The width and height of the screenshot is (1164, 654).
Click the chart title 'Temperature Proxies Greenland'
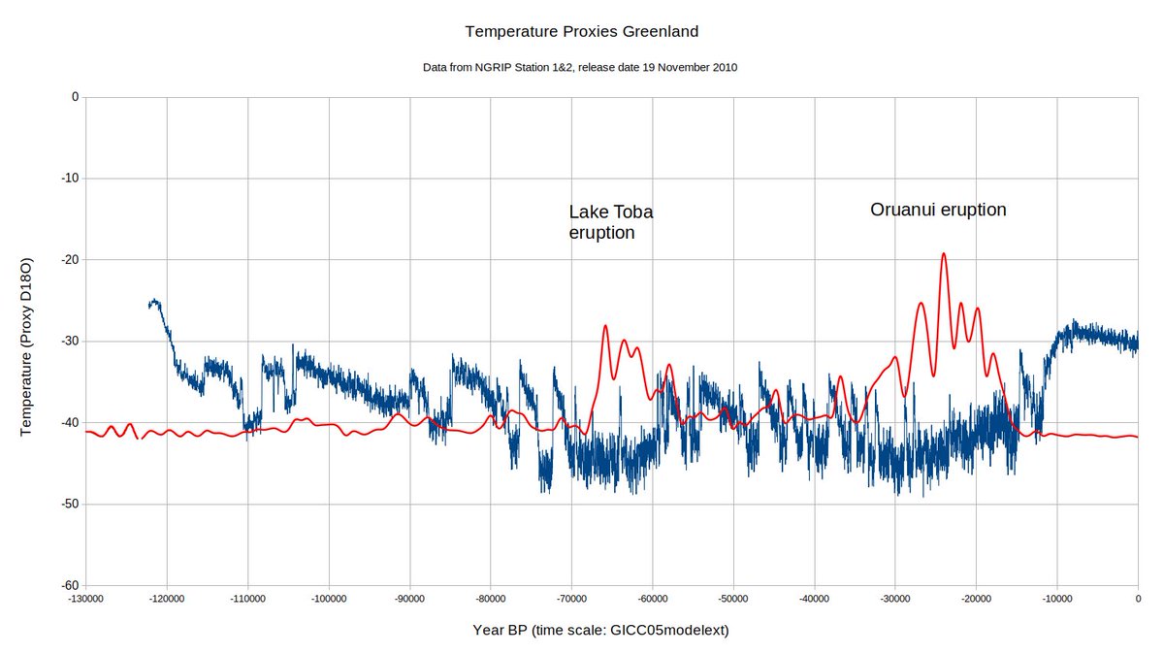[x=581, y=31]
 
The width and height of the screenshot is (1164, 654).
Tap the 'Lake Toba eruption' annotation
[x=611, y=222]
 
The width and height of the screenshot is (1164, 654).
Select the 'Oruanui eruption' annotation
[x=938, y=210]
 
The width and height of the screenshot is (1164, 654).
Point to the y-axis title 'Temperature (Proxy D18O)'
[x=27, y=346]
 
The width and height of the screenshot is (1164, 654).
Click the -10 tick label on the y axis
[x=68, y=179]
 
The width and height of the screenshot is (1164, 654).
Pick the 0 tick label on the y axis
[x=74, y=97]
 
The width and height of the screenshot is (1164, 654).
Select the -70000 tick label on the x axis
[x=571, y=600]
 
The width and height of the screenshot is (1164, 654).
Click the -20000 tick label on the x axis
[x=976, y=600]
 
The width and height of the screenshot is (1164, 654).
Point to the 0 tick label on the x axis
[x=1138, y=600]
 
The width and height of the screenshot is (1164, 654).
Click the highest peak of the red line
[x=943, y=253]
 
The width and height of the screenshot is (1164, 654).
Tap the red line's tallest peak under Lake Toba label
[x=605, y=326]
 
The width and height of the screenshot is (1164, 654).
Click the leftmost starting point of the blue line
[x=149, y=306]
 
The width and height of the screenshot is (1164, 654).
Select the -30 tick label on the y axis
[x=68, y=342]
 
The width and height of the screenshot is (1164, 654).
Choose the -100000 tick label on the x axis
[x=329, y=600]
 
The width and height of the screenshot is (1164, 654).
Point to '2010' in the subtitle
[x=723, y=68]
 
